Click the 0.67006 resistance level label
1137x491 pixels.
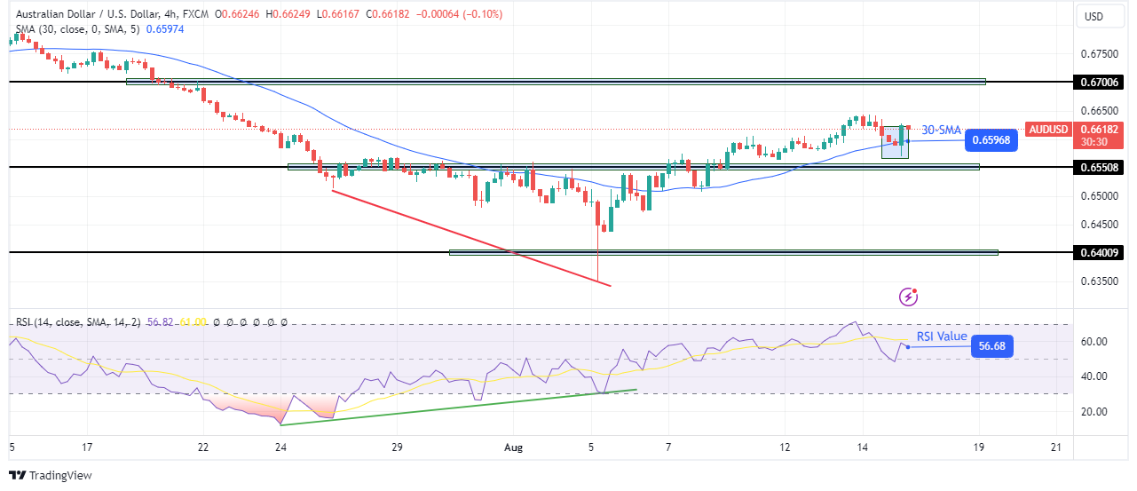click(x=1100, y=82)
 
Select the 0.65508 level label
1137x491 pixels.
click(x=1100, y=167)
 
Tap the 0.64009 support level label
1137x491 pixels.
click(x=1100, y=252)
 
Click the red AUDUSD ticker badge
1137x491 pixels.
click(x=1048, y=129)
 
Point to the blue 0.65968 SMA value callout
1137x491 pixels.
click(x=990, y=140)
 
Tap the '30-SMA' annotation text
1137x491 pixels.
click(x=941, y=130)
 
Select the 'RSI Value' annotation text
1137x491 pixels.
click(x=942, y=337)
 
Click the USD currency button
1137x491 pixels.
click(x=1094, y=17)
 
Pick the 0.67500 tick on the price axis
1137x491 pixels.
click(x=1099, y=53)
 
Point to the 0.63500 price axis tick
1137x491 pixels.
click(x=1099, y=281)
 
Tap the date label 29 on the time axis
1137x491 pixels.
click(x=397, y=449)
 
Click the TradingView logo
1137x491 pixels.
click(x=51, y=476)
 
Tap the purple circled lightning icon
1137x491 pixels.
click(x=908, y=296)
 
